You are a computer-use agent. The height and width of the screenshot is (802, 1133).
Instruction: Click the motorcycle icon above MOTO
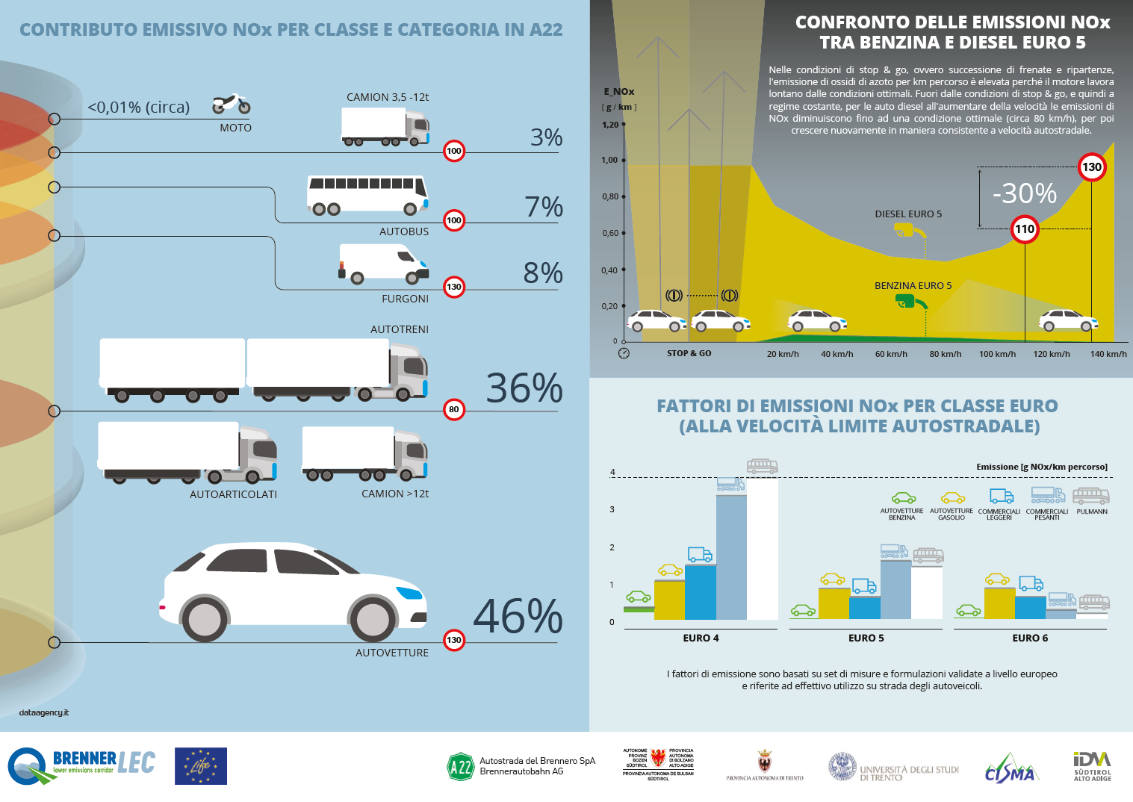[x=232, y=105]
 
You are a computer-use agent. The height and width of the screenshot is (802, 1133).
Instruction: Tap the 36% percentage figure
[x=524, y=388]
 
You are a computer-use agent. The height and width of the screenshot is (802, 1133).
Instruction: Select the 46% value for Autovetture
[x=518, y=617]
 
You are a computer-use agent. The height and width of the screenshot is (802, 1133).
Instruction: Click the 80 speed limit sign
[x=453, y=409]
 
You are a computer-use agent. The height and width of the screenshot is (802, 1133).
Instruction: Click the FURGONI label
[x=405, y=299]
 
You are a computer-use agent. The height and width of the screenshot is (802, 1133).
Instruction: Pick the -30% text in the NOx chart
[x=1024, y=193]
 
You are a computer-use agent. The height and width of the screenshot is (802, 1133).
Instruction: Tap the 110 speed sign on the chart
[x=1024, y=229]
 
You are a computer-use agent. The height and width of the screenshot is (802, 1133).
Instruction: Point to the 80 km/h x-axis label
[x=945, y=354]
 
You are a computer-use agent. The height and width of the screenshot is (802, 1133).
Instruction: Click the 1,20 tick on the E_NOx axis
[x=610, y=125]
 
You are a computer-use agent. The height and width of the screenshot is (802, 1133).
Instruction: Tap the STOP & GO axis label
[x=689, y=353]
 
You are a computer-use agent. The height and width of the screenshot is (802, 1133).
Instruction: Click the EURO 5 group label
[x=866, y=638]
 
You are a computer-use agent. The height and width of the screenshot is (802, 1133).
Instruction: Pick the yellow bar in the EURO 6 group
[x=999, y=603]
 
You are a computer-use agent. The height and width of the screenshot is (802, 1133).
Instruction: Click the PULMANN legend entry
[x=1091, y=503]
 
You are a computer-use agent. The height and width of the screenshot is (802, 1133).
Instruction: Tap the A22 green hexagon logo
[x=460, y=767]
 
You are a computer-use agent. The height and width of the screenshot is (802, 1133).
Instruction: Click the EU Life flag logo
[x=201, y=766]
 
